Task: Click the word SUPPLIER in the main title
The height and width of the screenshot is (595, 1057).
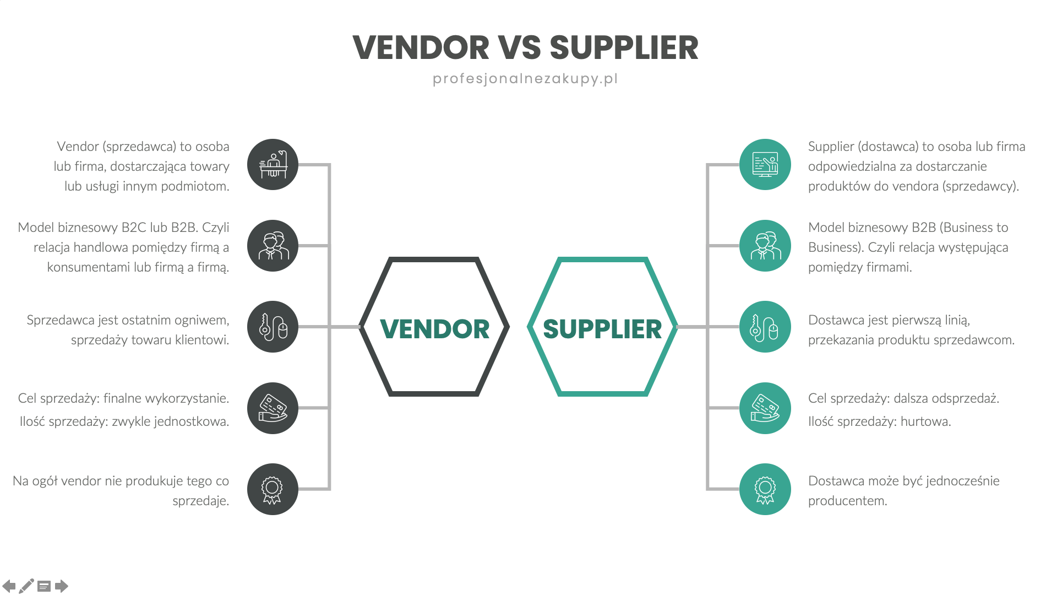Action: coord(624,48)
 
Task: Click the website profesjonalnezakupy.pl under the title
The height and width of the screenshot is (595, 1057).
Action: coord(525,79)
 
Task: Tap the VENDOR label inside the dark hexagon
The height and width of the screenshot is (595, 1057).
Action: coord(434,329)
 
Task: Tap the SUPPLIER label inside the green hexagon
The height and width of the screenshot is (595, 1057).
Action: coord(602,329)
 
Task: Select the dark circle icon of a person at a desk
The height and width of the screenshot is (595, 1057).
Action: coord(273,165)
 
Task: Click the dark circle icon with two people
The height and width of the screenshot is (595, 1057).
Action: coord(273,246)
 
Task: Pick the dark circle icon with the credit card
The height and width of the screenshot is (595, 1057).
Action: coord(273,408)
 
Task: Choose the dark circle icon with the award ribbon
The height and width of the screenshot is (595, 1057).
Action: coord(273,489)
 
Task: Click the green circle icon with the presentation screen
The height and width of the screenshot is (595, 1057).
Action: coord(765,165)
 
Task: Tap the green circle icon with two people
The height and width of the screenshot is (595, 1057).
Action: coord(765,246)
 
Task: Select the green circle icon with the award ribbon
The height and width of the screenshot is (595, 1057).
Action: coord(765,489)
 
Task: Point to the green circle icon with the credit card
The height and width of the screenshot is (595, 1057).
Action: coord(765,408)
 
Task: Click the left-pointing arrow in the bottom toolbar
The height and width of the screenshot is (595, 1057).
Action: coord(9,586)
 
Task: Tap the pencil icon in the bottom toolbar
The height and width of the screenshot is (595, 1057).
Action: coord(26,586)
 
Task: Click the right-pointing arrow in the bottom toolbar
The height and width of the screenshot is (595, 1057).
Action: coord(62,586)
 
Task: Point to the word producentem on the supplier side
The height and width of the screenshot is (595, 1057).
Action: coord(847,501)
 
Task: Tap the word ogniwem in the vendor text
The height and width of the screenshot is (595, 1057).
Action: coord(201,320)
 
